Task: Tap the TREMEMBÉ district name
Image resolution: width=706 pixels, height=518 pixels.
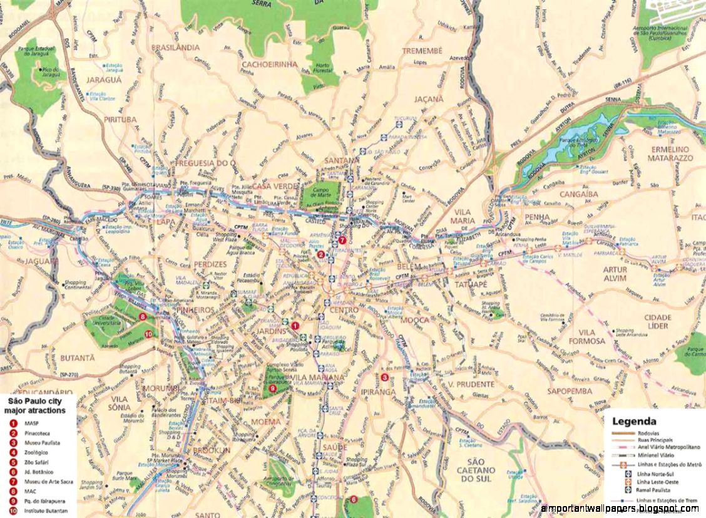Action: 422,50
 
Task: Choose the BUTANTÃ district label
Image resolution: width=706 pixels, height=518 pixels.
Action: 78,358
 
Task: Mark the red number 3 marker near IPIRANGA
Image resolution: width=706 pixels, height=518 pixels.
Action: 384,376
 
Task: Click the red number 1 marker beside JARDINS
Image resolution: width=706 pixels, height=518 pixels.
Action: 295,325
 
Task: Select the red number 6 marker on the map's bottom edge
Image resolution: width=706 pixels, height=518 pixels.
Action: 354,499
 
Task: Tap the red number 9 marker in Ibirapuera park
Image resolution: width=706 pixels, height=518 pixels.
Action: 272,388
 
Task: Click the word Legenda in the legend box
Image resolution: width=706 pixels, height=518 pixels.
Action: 634,422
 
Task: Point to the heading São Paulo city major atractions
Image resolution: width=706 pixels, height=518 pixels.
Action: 37,405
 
